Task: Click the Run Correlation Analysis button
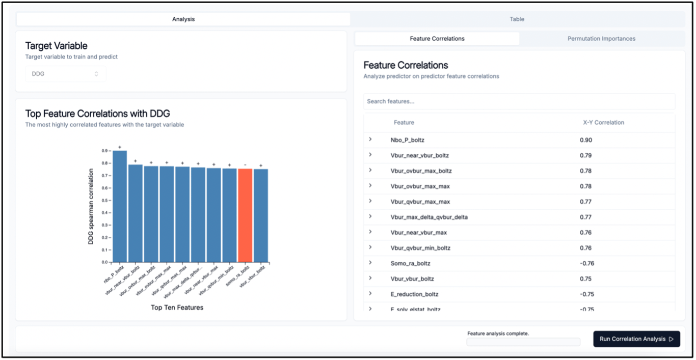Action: [x=636, y=339]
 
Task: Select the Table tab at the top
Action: [x=517, y=19]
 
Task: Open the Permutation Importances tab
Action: [x=601, y=39]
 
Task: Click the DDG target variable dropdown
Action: [x=66, y=74]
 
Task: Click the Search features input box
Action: [x=519, y=101]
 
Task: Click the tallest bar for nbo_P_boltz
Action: [x=120, y=206]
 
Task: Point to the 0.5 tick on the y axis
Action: [x=104, y=201]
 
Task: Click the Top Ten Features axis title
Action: [x=177, y=308]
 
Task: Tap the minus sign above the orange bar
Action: [x=245, y=165]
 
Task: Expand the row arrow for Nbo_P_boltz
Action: [x=370, y=140]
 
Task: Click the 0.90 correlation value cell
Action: [x=586, y=140]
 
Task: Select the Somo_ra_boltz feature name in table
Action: [x=410, y=264]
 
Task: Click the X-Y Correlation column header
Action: [x=603, y=123]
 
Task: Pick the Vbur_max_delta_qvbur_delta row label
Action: [x=429, y=217]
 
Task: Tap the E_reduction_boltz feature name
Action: [x=414, y=294]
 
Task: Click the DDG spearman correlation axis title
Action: [x=91, y=207]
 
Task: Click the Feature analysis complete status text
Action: [x=498, y=334]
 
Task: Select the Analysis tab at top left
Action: [x=183, y=19]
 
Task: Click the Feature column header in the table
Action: [x=404, y=123]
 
